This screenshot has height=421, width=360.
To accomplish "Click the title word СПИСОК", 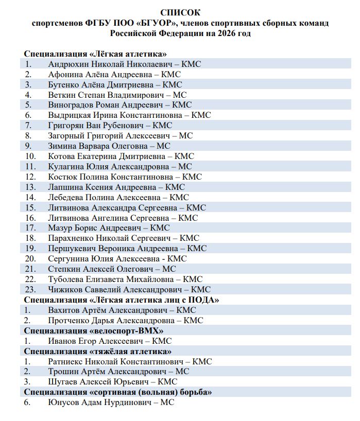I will click(180, 12).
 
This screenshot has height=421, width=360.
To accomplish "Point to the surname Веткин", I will click(62, 95).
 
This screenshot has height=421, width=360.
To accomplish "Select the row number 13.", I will click(30, 187).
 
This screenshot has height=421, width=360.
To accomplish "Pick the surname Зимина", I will click(63, 146).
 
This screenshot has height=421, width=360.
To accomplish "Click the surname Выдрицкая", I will click(70, 115).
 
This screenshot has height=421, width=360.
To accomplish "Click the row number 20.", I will click(30, 258).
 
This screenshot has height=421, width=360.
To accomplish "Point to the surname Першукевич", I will click(72, 248).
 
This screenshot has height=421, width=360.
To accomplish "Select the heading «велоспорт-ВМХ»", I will click(127, 330).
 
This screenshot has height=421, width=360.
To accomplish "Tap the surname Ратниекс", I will click(67, 361).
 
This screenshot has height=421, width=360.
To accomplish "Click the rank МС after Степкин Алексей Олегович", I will click(169, 269).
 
